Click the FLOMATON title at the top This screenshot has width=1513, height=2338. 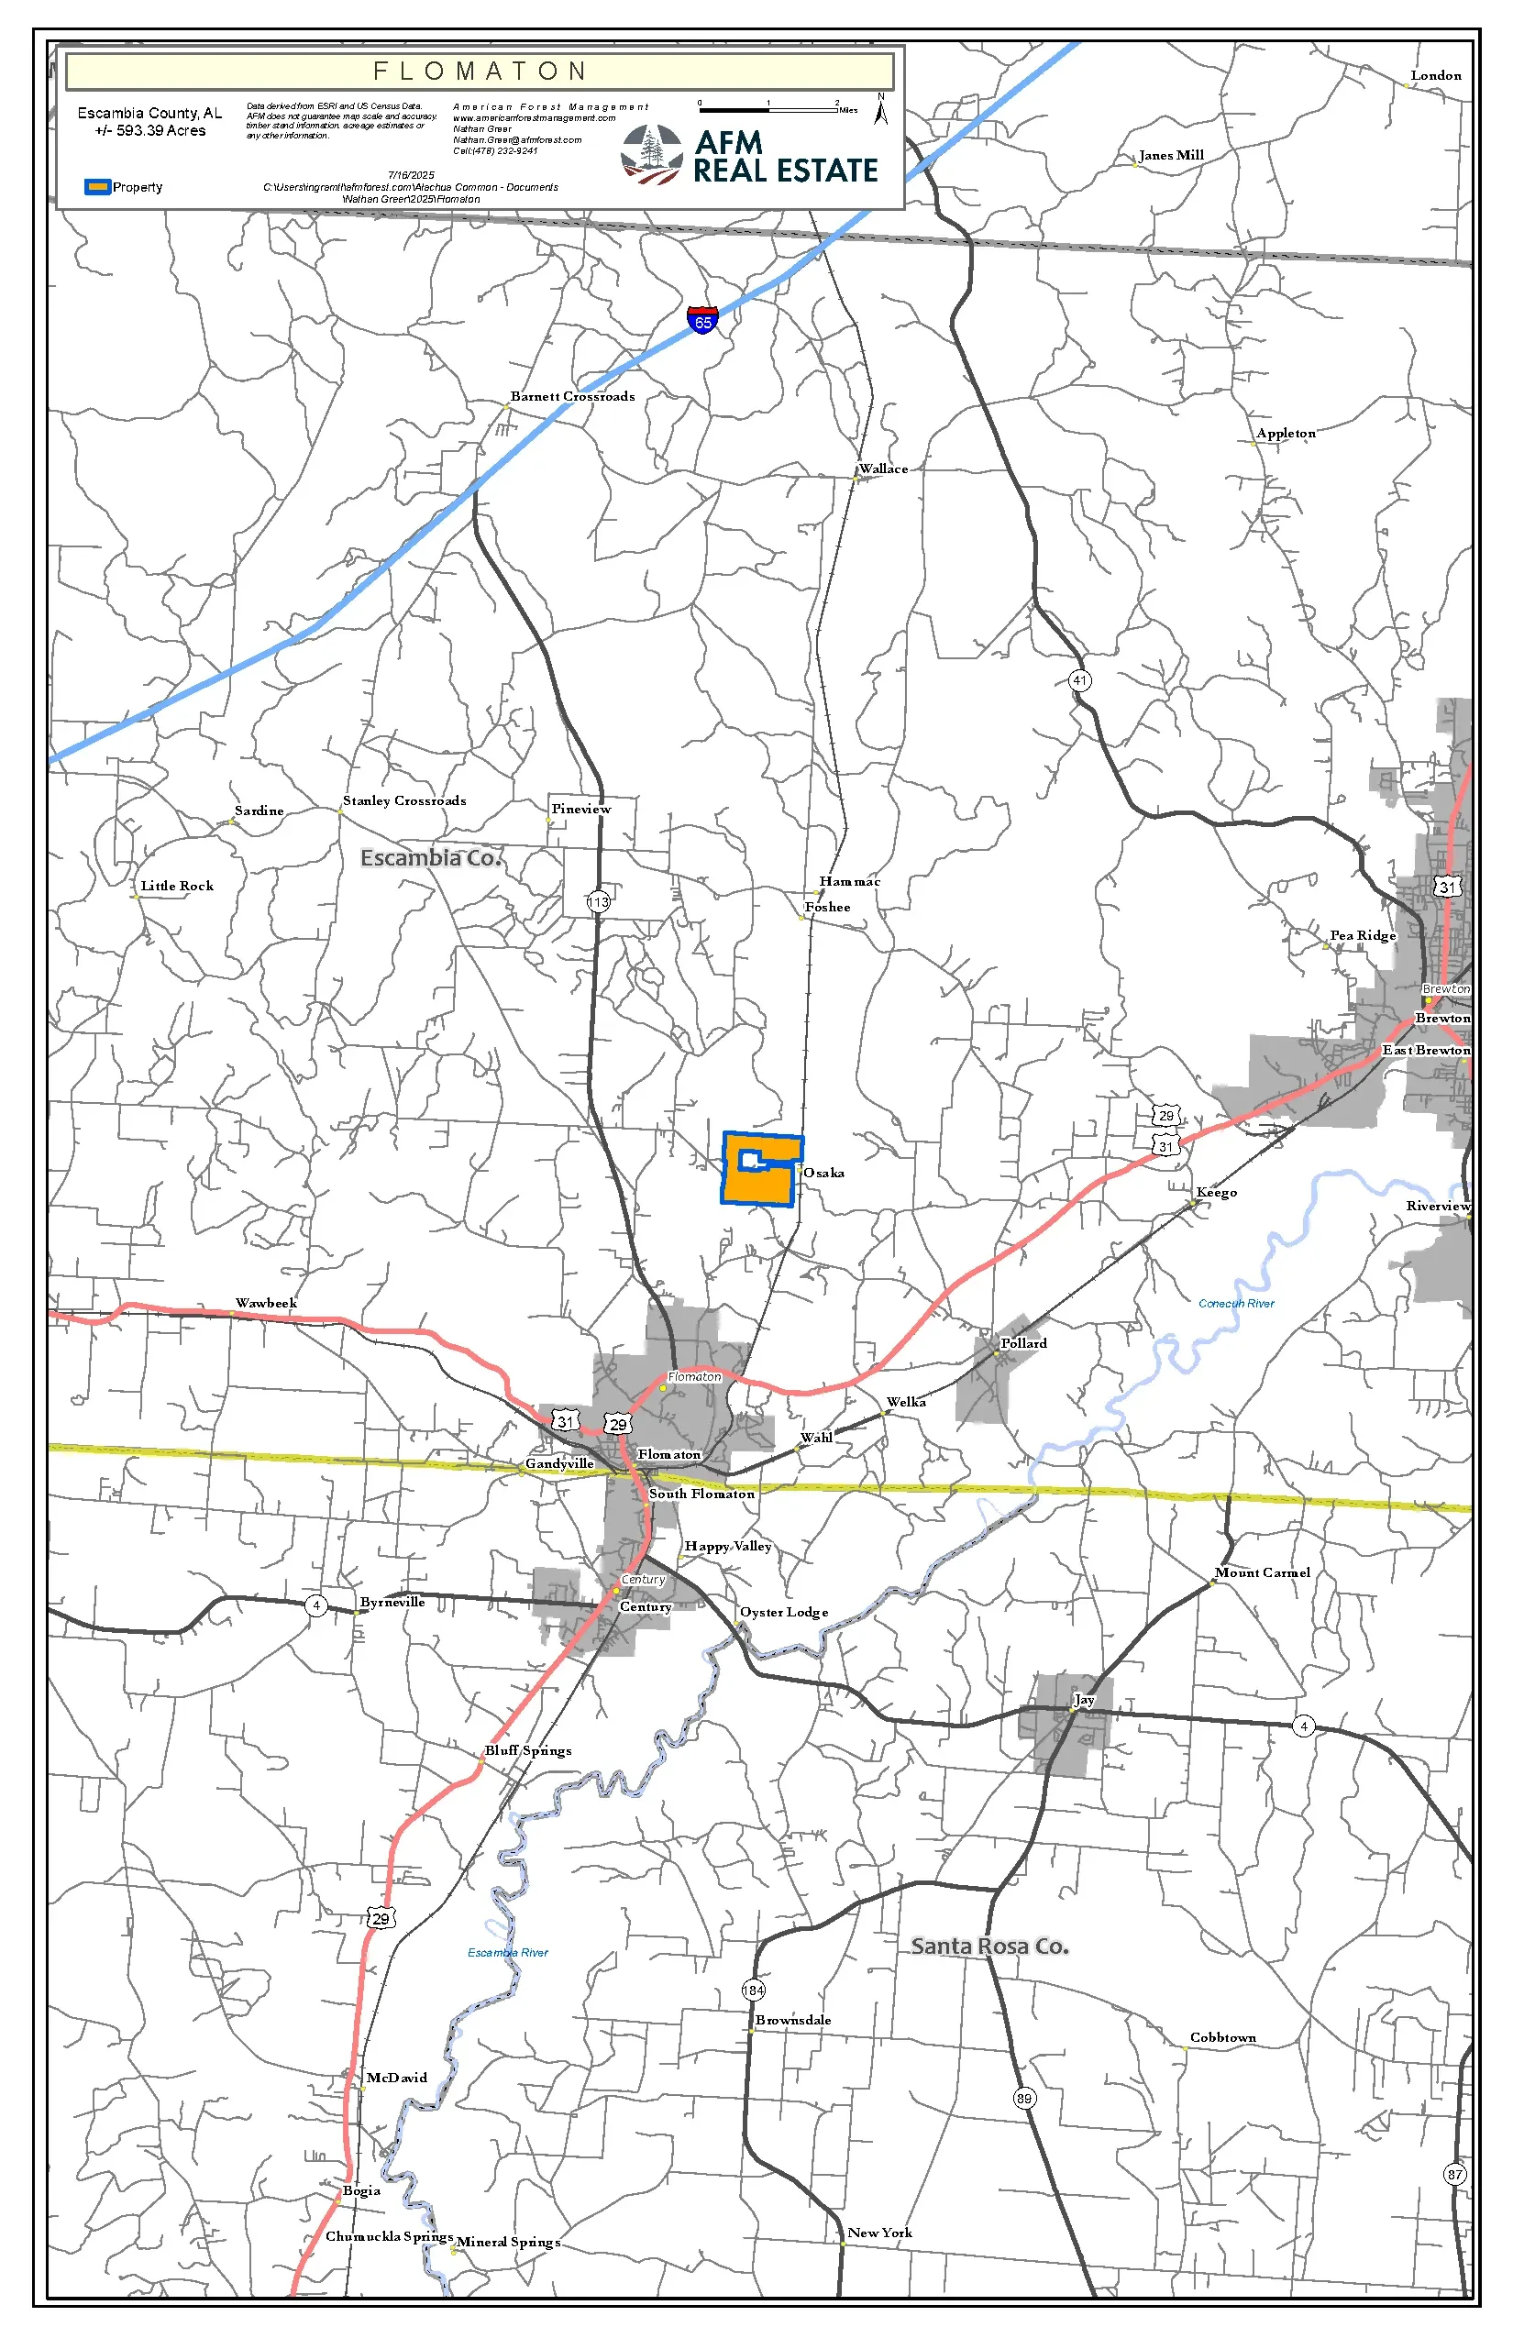(x=480, y=72)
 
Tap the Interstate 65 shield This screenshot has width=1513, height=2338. (x=702, y=319)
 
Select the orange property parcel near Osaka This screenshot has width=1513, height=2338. (x=756, y=1184)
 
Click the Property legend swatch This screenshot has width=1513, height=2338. (x=97, y=187)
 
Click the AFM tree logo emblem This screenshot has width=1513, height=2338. (x=651, y=154)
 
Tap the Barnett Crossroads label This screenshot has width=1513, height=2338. (x=572, y=396)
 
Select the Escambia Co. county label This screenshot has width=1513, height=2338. (x=430, y=857)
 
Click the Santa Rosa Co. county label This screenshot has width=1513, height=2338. (x=989, y=1946)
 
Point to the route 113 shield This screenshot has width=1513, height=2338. (x=598, y=900)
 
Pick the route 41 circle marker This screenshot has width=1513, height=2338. (x=1080, y=679)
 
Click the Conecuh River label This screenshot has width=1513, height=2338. (x=1236, y=1304)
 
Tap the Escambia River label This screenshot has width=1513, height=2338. (x=508, y=1952)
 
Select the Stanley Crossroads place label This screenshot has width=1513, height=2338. (x=403, y=800)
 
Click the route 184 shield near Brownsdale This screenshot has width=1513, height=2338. (x=753, y=1990)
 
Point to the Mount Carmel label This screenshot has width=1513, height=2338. (x=1262, y=1572)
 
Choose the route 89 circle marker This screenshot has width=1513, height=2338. (x=1023, y=2099)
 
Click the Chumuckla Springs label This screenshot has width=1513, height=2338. (x=389, y=2236)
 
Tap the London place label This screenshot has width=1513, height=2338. (x=1435, y=75)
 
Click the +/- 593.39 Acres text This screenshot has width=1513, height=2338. (x=150, y=130)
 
